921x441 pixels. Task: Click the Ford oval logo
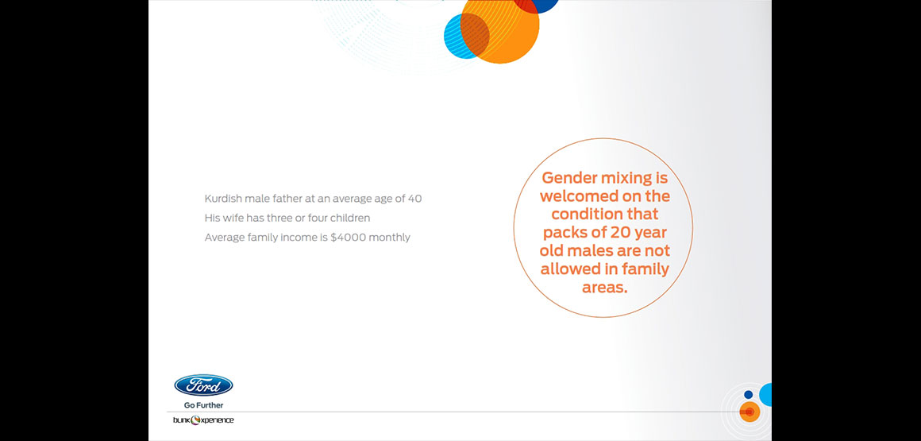(203, 385)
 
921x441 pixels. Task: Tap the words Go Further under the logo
(203, 405)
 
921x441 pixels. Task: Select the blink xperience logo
(203, 420)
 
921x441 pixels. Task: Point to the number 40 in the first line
(414, 199)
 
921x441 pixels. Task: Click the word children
(350, 219)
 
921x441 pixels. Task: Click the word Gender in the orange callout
(569, 177)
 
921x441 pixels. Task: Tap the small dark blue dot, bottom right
(748, 395)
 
